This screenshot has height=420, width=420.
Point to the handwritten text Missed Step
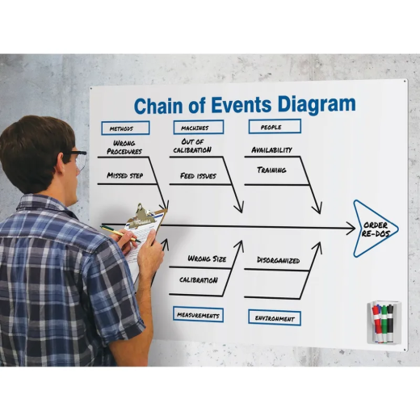[125, 175]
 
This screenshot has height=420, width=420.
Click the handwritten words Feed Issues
[198, 176]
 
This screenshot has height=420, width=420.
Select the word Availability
[271, 149]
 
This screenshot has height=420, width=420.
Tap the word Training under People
[271, 170]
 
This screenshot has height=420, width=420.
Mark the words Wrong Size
[207, 258]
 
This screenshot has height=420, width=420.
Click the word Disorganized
[279, 260]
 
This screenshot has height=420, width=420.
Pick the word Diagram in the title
[317, 105]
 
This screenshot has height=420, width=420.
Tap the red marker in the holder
[376, 322]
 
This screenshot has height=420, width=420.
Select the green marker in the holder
[384, 323]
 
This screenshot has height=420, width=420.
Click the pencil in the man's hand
[120, 233]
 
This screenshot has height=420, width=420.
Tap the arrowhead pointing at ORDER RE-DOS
[351, 229]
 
